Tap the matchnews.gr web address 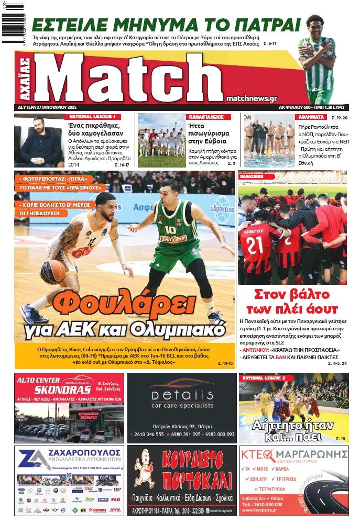coord(252,98)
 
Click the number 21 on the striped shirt coord(255,244)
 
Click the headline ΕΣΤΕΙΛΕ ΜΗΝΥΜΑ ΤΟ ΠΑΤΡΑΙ coord(166,25)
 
